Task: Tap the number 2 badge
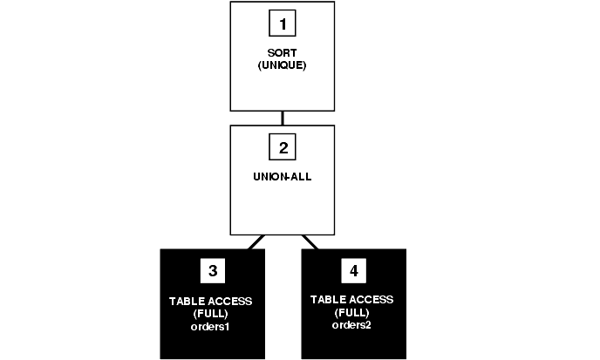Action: [283, 147]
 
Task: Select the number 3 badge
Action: [211, 271]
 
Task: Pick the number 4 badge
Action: [352, 271]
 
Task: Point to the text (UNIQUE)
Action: [283, 66]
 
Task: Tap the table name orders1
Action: [211, 327]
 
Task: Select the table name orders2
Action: [352, 325]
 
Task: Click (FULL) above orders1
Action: [211, 314]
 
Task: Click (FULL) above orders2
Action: [352, 312]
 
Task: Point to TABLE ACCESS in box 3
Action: [211, 302]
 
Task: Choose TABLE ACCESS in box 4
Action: [352, 299]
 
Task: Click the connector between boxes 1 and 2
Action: [283, 117]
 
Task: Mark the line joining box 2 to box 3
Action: [256, 241]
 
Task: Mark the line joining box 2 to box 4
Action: [310, 241]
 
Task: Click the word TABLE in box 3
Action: [187, 302]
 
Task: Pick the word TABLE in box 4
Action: [328, 299]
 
